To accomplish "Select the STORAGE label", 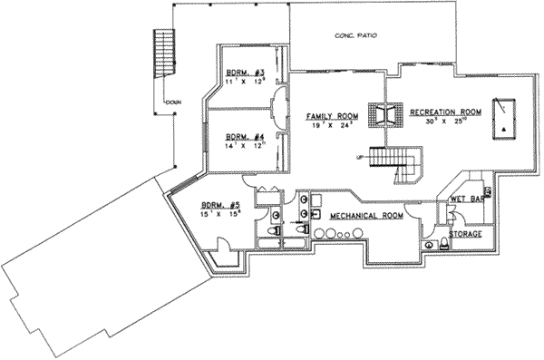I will (x=465, y=234).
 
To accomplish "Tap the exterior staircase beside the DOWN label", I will (x=164, y=55).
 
